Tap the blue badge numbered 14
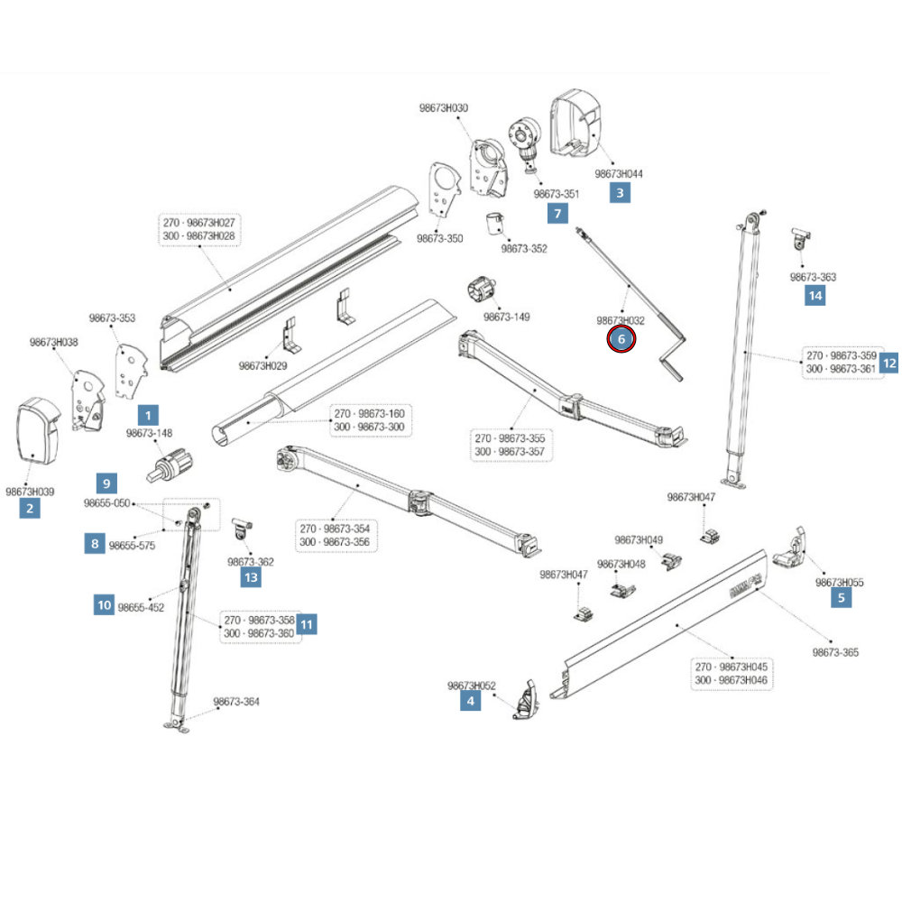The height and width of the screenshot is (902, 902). click(x=815, y=295)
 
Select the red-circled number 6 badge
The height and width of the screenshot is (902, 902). click(x=621, y=340)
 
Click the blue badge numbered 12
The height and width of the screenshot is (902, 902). click(x=889, y=363)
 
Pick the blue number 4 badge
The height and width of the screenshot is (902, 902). click(x=469, y=699)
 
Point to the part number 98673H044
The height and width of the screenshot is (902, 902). click(x=619, y=173)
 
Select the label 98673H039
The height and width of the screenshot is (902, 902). click(x=30, y=492)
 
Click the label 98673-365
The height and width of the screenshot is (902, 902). click(x=834, y=652)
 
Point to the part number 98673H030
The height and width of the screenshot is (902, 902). click(x=444, y=108)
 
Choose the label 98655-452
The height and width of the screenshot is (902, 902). click(x=141, y=607)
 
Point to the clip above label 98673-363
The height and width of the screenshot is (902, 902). click(x=801, y=238)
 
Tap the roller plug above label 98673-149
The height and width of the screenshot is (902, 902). click(x=483, y=291)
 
